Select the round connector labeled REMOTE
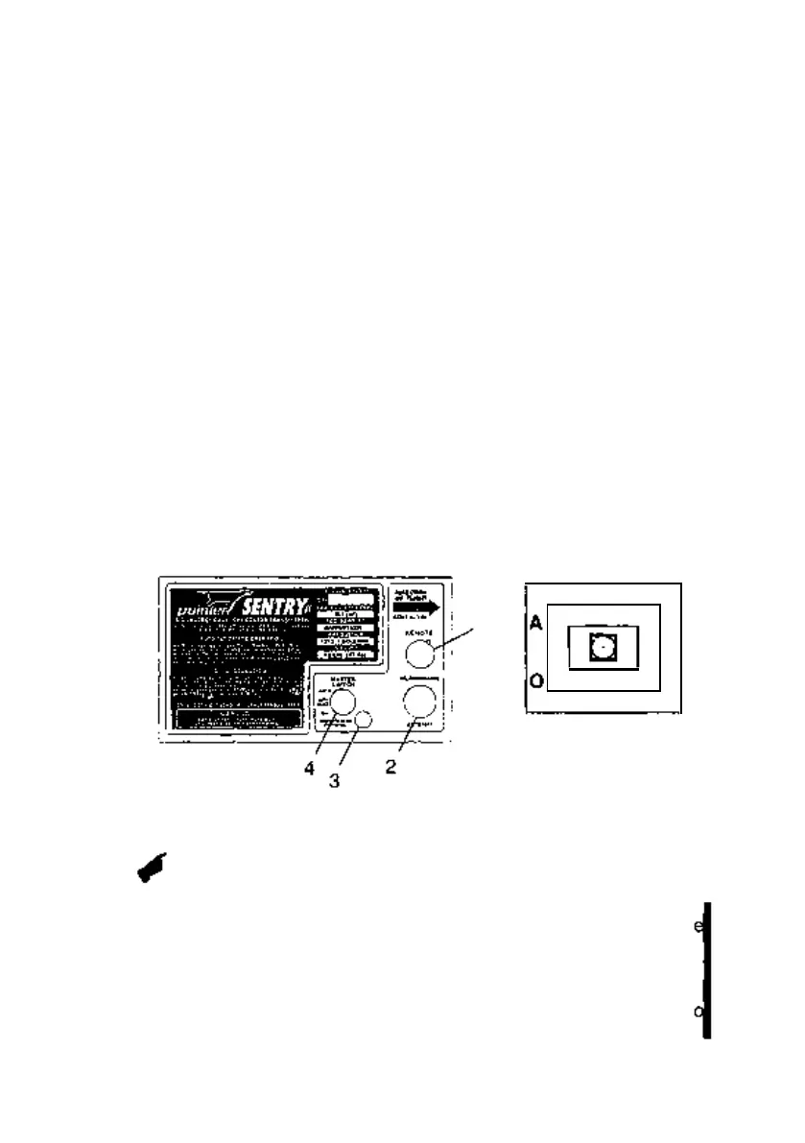click(x=419, y=655)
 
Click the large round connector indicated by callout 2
click(x=419, y=702)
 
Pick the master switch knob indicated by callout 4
click(x=343, y=702)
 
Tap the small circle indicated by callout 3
click(x=364, y=721)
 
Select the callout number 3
click(x=335, y=779)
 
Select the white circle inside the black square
click(x=601, y=649)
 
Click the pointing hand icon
click(x=152, y=866)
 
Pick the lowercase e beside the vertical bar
click(x=698, y=928)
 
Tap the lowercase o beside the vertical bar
click(x=698, y=1010)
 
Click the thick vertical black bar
click(x=707, y=969)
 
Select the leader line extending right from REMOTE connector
click(x=456, y=640)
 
